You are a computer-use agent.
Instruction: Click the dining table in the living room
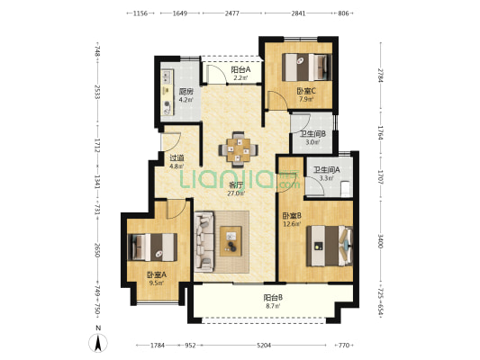click(238, 150)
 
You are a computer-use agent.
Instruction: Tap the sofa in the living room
click(204, 241)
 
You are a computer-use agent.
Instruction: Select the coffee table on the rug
click(231, 241)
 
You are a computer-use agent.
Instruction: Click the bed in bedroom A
click(152, 247)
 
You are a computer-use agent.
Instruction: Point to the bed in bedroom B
click(330, 246)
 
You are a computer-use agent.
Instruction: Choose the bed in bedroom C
click(307, 67)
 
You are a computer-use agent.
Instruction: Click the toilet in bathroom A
click(345, 188)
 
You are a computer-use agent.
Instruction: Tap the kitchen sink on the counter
click(167, 76)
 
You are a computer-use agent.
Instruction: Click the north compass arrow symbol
click(98, 343)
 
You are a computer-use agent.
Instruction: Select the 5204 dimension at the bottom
click(264, 346)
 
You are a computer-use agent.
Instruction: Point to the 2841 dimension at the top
click(298, 13)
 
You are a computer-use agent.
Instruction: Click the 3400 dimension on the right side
click(381, 241)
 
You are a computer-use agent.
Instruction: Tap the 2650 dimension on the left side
click(97, 250)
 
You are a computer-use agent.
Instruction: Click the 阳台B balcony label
click(273, 298)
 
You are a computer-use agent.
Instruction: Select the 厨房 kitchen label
click(186, 92)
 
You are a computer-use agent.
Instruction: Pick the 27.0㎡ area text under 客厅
click(236, 193)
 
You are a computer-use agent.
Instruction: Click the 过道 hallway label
click(177, 158)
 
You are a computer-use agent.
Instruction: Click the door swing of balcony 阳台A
click(217, 74)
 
